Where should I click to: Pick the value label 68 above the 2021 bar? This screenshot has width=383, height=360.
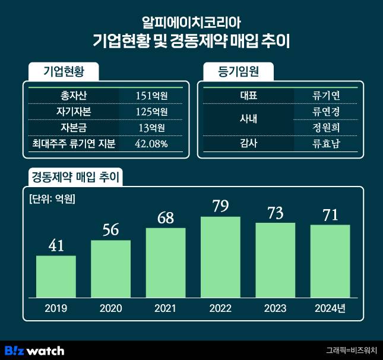click(x=165, y=217)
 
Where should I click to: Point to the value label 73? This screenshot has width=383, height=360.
click(x=275, y=212)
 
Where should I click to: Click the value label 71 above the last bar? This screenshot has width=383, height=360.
click(x=330, y=214)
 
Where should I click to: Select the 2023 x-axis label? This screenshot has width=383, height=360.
click(x=275, y=308)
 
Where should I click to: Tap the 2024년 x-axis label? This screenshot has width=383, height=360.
click(x=330, y=308)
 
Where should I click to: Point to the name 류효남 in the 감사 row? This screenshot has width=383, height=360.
click(x=326, y=143)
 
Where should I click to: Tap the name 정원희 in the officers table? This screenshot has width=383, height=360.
click(x=326, y=127)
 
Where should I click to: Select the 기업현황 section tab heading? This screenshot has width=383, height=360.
click(x=64, y=71)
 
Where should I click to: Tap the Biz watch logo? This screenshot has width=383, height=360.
click(x=34, y=350)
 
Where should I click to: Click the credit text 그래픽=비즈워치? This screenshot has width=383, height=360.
click(x=351, y=350)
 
